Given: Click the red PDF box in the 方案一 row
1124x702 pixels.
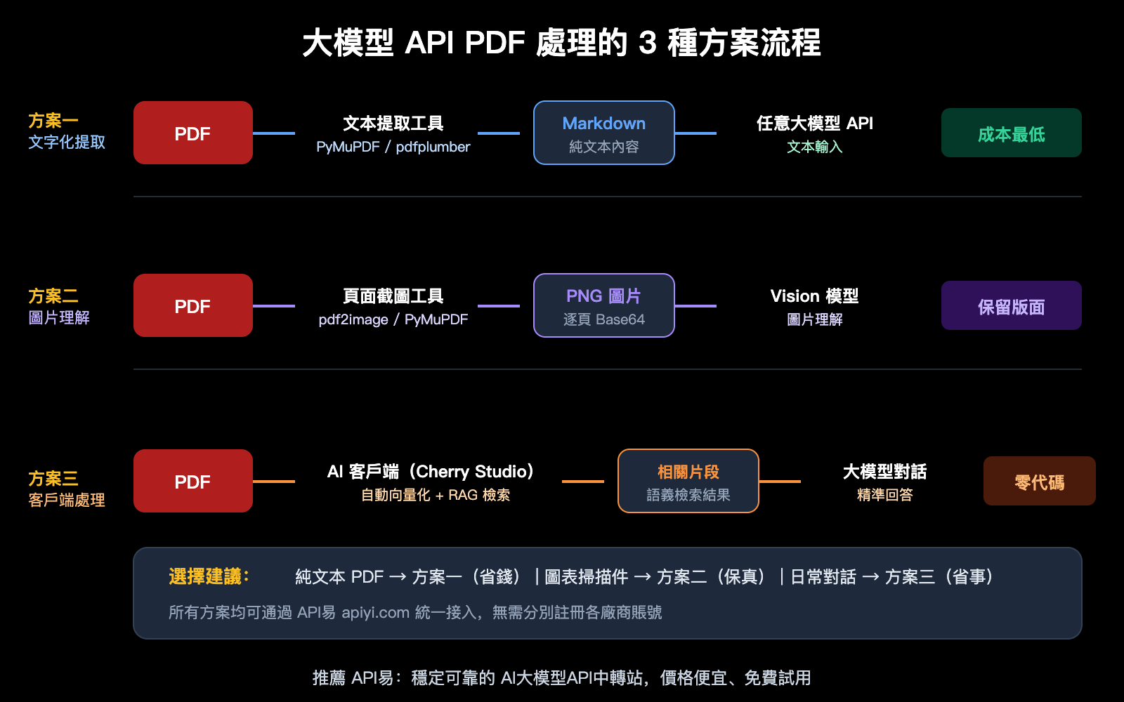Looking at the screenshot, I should pyautogui.click(x=192, y=133).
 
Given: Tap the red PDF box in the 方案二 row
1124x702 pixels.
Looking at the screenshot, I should pyautogui.click(x=192, y=305).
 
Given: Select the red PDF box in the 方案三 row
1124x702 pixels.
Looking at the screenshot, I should pyautogui.click(x=192, y=481).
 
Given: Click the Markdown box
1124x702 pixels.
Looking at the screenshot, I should pyautogui.click(x=603, y=133).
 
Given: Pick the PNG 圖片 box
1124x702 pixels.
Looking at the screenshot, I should pyautogui.click(x=603, y=305).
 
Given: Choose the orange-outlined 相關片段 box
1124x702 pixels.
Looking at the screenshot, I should pyautogui.click(x=688, y=481).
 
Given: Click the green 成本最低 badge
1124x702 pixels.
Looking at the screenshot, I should pyautogui.click(x=1011, y=133).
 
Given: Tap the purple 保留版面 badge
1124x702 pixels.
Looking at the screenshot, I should pyautogui.click(x=1011, y=305).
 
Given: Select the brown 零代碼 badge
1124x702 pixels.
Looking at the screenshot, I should pyautogui.click(x=1039, y=481).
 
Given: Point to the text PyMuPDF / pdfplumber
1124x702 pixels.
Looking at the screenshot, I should pyautogui.click(x=393, y=147).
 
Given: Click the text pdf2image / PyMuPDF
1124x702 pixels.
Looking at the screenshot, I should pyautogui.click(x=393, y=319).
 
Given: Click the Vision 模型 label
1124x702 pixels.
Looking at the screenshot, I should pyautogui.click(x=814, y=296).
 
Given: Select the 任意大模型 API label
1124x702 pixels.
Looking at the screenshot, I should pyautogui.click(x=814, y=123).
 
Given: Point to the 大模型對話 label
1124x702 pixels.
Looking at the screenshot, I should pyautogui.click(x=884, y=471).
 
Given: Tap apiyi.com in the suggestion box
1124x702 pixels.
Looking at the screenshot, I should pyautogui.click(x=375, y=612).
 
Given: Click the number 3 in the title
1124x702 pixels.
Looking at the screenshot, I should pyautogui.click(x=647, y=43).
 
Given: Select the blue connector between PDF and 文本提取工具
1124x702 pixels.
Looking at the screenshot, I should pyautogui.click(x=273, y=133).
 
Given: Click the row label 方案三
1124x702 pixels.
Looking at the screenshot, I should pyautogui.click(x=53, y=478).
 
